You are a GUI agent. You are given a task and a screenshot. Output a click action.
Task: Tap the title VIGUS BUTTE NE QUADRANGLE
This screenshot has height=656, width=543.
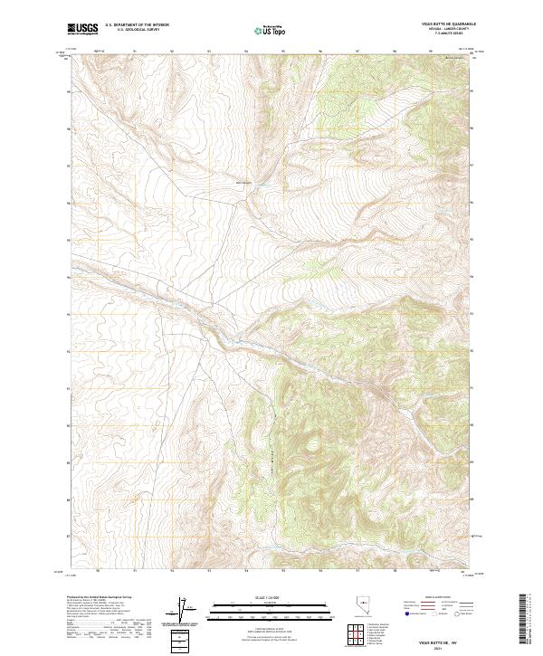click(x=449, y=24)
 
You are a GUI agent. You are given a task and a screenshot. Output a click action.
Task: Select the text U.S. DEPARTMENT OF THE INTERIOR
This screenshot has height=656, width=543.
click(x=137, y=25)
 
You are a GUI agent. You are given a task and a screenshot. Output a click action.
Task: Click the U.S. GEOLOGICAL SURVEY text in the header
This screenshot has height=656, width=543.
click(x=137, y=30)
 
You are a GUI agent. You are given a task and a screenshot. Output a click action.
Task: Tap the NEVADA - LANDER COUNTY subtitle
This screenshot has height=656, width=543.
click(x=449, y=28)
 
